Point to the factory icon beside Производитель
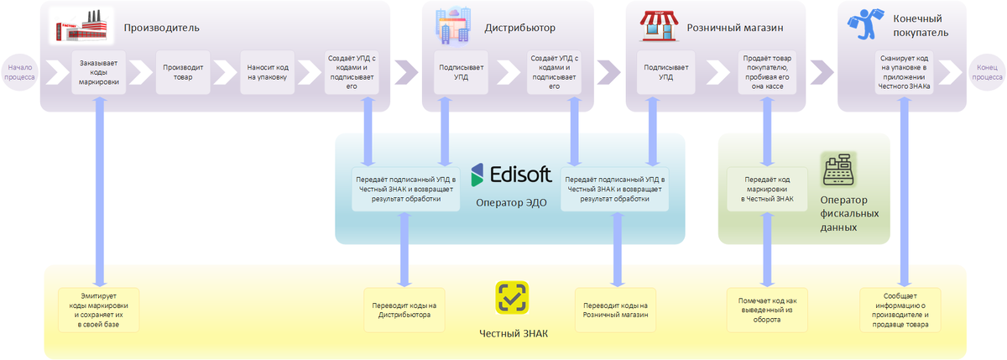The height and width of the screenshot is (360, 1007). pyautogui.click(x=81, y=26)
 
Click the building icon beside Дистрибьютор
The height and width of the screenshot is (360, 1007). pyautogui.click(x=453, y=26)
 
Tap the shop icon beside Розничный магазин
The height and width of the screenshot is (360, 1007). pyautogui.click(x=659, y=26)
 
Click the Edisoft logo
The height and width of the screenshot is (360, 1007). pyautogui.click(x=511, y=175)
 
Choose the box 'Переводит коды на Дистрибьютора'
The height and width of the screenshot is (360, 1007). pyautogui.click(x=404, y=310)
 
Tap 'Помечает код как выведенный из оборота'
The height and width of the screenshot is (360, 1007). pyautogui.click(x=766, y=310)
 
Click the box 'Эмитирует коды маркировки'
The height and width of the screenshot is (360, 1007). pyautogui.click(x=99, y=310)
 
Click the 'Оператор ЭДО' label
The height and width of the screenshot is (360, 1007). pyautogui.click(x=511, y=202)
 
